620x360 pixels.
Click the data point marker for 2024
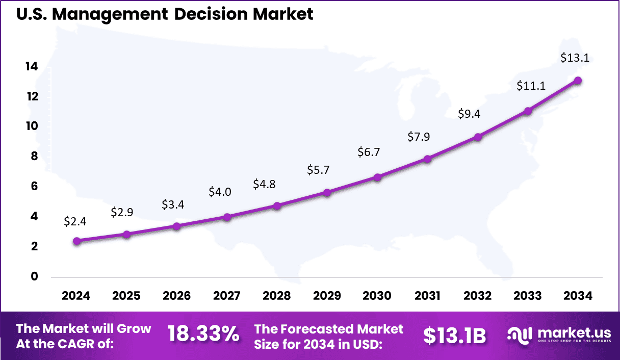click(x=76, y=241)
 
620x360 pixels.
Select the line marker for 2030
click(x=377, y=177)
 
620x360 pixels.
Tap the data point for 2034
click(x=578, y=81)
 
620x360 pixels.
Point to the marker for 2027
click(x=227, y=217)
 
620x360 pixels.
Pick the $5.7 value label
click(x=318, y=170)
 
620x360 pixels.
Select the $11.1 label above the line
click(x=531, y=86)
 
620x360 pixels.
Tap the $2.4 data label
click(x=75, y=221)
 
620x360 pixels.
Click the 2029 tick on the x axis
click(x=327, y=296)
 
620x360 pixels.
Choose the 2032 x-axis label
click(x=478, y=296)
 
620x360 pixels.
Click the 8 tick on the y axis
click(x=34, y=157)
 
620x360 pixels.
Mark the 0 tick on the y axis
click(x=34, y=276)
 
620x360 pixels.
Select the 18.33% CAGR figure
click(x=203, y=335)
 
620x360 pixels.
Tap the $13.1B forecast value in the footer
click(x=454, y=336)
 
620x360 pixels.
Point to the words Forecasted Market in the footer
click(x=329, y=329)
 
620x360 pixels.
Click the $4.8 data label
click(x=264, y=184)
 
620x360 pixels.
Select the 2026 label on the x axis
click(x=176, y=296)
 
